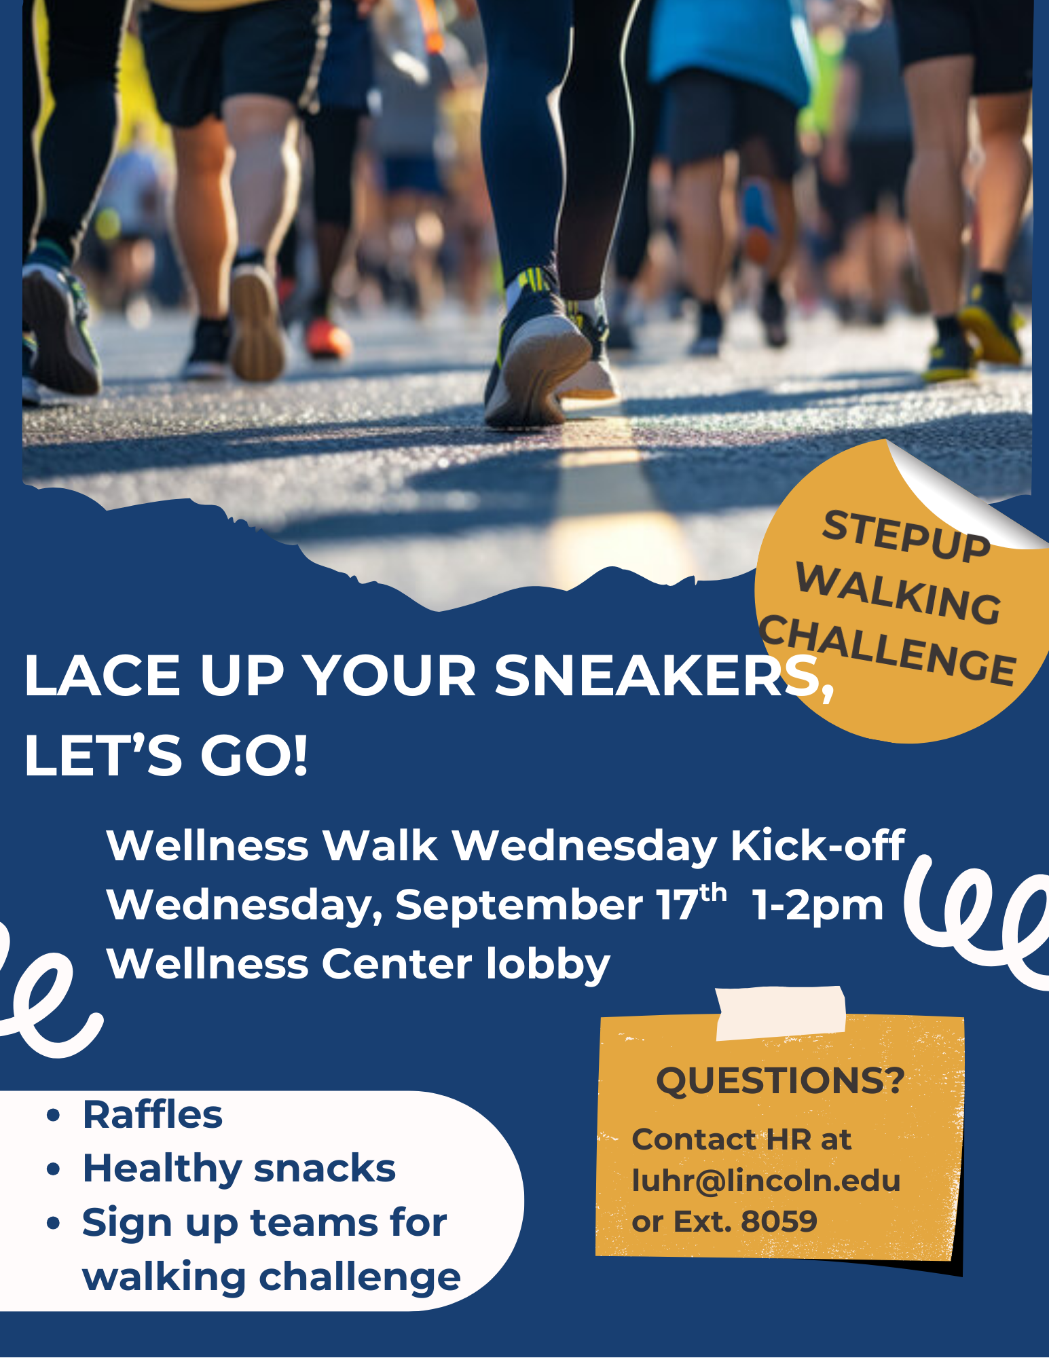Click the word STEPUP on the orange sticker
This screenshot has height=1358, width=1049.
[x=906, y=536]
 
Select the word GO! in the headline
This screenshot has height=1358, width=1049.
[x=255, y=756]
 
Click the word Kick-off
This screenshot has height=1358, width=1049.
[x=817, y=845]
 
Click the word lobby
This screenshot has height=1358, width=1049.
[x=548, y=964]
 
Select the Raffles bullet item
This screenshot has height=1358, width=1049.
[x=152, y=1115]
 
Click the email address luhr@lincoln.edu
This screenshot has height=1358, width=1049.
[x=766, y=1181]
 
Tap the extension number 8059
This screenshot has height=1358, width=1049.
[x=779, y=1222]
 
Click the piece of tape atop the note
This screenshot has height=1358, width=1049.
[x=781, y=1013]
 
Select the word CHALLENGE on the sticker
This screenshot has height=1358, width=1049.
[x=887, y=650]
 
